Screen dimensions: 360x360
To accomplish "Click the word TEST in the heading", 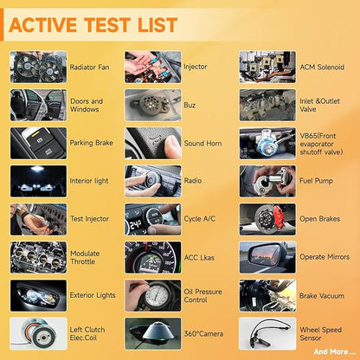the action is (106, 25).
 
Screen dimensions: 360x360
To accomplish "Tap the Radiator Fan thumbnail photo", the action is (38, 67).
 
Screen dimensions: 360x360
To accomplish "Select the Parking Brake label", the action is (91, 143).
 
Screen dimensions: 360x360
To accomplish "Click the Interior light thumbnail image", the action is (38, 181).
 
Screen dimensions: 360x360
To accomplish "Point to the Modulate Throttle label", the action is (85, 258).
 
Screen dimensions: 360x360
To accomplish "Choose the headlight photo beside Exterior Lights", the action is (38, 295).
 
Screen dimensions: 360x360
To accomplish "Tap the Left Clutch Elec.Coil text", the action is (87, 334).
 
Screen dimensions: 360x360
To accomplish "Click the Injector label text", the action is (196, 67).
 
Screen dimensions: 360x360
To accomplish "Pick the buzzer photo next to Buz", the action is (153, 105).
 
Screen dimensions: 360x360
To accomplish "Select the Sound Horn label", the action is (202, 144).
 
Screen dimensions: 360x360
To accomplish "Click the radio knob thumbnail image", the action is (153, 181).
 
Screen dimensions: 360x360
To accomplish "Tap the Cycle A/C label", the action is (200, 219).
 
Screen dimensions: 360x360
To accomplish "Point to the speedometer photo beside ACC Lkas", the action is (153, 257).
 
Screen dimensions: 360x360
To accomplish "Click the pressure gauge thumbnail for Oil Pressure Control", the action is (153, 295).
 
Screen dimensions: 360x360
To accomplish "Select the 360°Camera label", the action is (203, 334).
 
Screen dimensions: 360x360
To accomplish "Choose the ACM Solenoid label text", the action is (322, 67).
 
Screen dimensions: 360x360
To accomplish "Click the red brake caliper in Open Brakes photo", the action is (279, 215).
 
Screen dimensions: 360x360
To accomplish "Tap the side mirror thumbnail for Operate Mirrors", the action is (267, 257).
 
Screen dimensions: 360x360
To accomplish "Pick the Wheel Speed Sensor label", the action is (320, 334).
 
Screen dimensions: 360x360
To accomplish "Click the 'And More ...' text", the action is (335, 351).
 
